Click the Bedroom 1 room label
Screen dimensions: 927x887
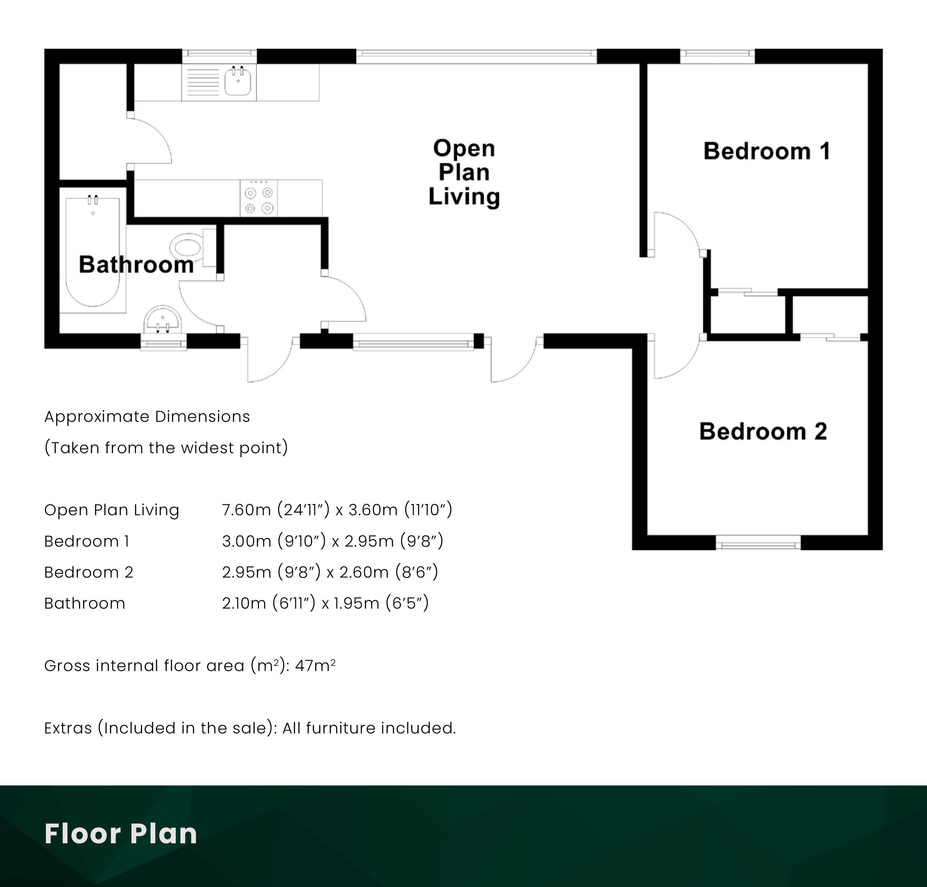click(x=767, y=151)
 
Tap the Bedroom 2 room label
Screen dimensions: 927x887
click(x=763, y=431)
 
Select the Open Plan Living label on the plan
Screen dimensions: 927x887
click(x=464, y=173)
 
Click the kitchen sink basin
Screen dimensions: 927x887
click(x=238, y=81)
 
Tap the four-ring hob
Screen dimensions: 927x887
click(x=259, y=198)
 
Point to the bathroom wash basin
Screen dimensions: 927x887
click(x=163, y=321)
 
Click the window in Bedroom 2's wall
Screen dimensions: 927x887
click(x=758, y=543)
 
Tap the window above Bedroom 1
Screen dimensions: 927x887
click(x=717, y=56)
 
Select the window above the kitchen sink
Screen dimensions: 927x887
click(x=219, y=56)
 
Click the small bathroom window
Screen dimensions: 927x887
click(x=164, y=342)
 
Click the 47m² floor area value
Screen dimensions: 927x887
click(x=315, y=665)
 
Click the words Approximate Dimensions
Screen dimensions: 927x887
click(x=147, y=417)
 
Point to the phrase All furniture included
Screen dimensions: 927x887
click(x=369, y=728)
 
